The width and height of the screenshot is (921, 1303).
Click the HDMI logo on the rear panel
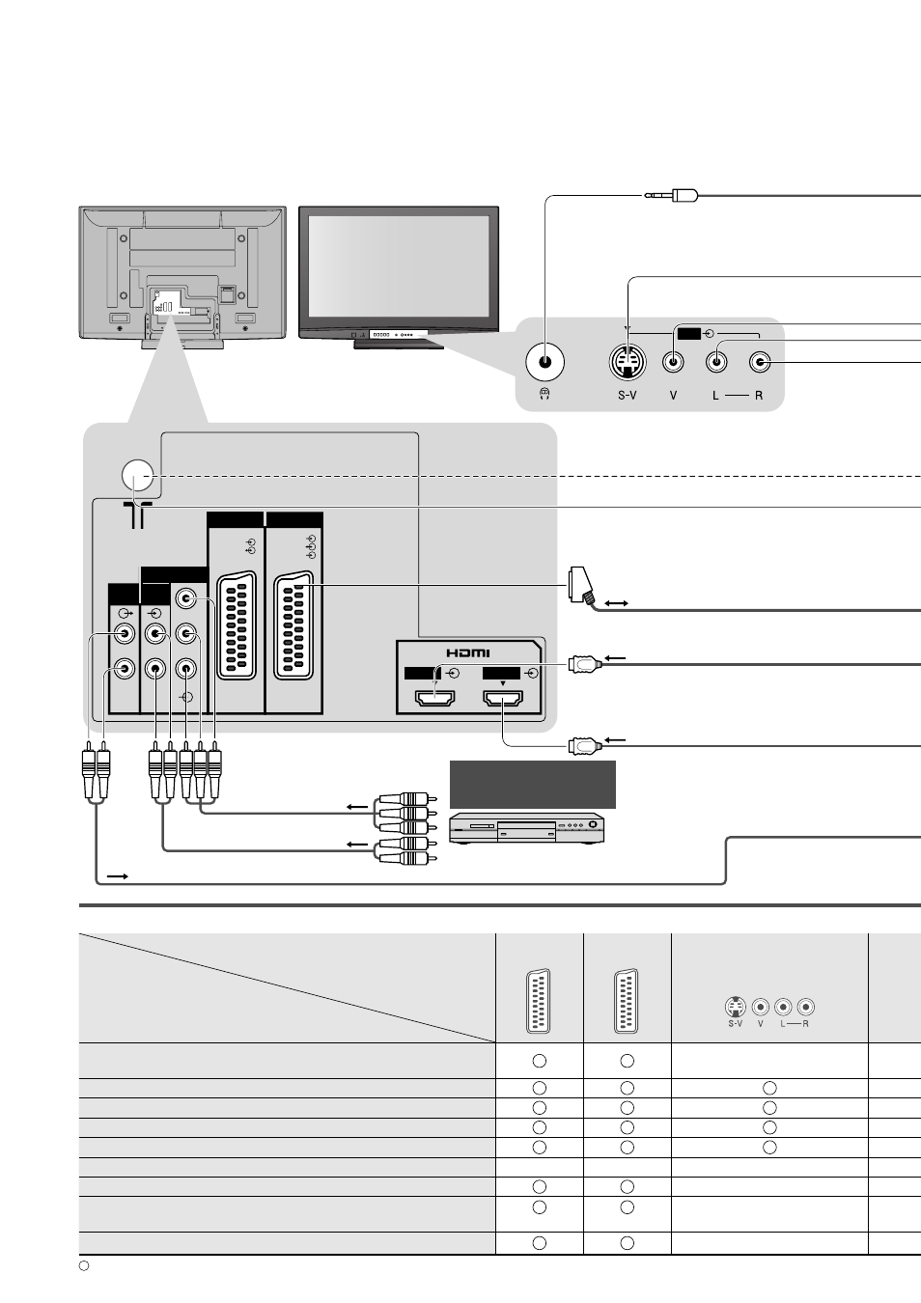468,652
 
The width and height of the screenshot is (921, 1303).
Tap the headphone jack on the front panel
544,362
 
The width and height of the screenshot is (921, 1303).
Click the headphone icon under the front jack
544,395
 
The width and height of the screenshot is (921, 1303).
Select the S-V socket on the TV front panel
628,362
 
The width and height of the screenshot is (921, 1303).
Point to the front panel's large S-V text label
628,396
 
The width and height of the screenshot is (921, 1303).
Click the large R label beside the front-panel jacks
759,396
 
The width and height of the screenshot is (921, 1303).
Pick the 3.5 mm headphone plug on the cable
671,195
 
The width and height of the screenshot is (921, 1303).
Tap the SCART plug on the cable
582,587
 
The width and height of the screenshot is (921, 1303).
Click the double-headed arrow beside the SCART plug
616,603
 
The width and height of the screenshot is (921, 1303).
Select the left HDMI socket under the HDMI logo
434,698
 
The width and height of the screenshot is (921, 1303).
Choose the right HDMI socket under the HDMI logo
503,698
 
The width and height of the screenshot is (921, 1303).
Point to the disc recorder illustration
527,828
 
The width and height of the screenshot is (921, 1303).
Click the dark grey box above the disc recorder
532,784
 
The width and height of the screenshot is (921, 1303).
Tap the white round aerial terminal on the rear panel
137,475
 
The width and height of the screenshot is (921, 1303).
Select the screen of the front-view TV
399,266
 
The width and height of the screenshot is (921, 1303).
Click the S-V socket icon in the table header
736,1007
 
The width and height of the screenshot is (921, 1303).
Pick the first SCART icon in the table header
539,1001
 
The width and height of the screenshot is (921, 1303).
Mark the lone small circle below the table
84,1265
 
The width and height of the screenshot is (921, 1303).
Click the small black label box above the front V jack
689,334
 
